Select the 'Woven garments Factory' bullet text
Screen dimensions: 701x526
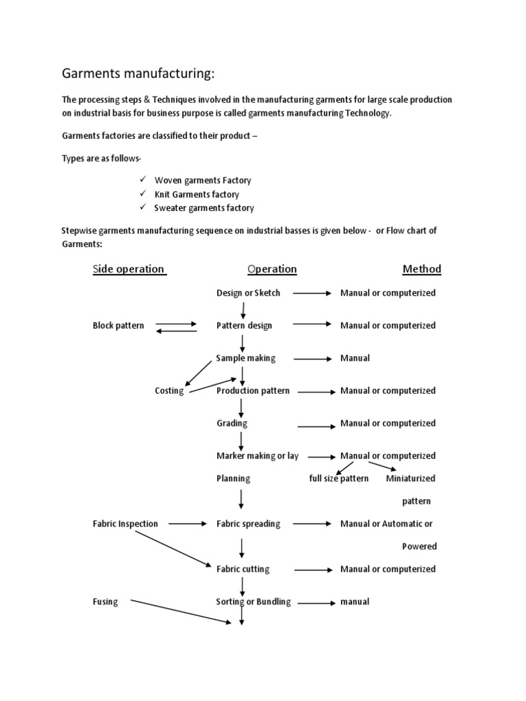[x=203, y=181]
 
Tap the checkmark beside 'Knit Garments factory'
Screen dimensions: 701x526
[x=143, y=194]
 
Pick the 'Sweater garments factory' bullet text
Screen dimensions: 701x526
[x=204, y=208]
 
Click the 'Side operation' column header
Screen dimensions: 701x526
[x=129, y=269]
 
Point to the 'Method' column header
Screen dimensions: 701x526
[x=421, y=269]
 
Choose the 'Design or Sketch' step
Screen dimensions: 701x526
[x=248, y=293]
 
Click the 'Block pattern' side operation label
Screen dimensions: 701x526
[x=118, y=326]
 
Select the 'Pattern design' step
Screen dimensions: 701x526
[x=244, y=326]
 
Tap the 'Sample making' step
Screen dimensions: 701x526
[x=245, y=358]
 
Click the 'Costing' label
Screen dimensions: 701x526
[x=169, y=391]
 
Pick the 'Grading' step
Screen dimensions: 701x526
[x=231, y=423]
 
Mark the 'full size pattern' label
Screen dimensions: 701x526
[x=338, y=479]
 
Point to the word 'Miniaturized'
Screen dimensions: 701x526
[x=410, y=479]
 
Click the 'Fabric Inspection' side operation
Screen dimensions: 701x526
[x=125, y=524]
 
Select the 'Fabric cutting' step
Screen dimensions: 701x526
[x=242, y=569]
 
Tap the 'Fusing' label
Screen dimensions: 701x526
[x=105, y=602]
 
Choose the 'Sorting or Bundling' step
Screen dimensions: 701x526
[x=253, y=602]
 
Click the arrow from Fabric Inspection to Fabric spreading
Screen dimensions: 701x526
[x=187, y=524]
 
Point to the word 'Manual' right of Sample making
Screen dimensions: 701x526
[x=355, y=358]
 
